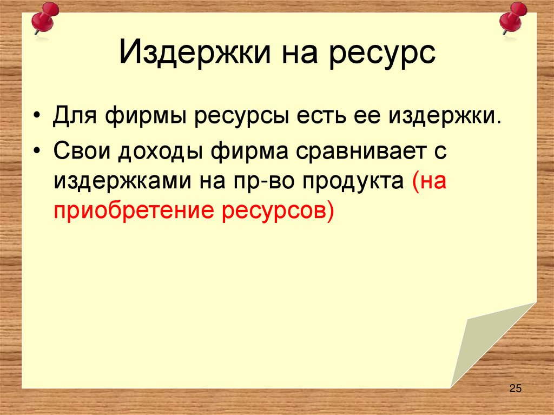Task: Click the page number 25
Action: point(515,388)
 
